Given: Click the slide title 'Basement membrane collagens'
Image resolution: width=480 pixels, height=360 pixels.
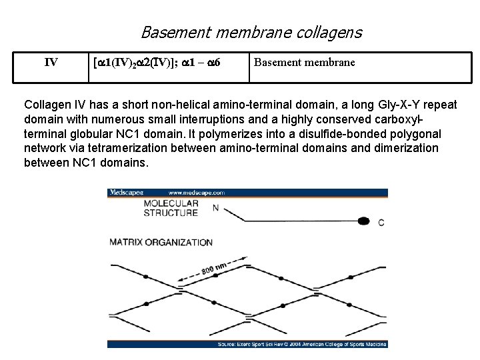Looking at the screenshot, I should [251, 31].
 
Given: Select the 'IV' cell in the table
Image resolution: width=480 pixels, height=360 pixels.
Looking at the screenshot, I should [51, 63].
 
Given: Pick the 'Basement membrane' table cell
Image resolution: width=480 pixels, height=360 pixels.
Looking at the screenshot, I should [304, 63].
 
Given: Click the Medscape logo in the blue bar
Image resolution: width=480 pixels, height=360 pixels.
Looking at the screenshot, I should [127, 193].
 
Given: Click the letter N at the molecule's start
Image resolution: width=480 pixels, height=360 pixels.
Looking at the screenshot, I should [215, 207].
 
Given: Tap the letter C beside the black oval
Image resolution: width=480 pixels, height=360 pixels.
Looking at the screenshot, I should [381, 222].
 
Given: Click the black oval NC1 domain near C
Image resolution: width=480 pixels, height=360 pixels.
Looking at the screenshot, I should [363, 221].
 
